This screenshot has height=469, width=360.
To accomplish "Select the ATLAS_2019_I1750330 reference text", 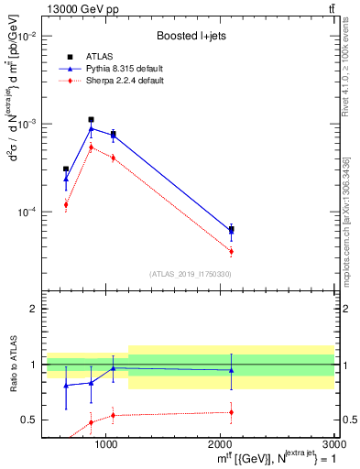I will [190, 274].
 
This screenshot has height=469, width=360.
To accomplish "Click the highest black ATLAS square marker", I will [91, 119].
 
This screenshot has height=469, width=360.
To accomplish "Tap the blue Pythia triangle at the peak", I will [91, 128].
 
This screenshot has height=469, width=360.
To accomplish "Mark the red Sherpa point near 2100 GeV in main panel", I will [231, 251].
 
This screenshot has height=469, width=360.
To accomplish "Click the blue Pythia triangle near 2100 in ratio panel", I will [231, 370].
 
